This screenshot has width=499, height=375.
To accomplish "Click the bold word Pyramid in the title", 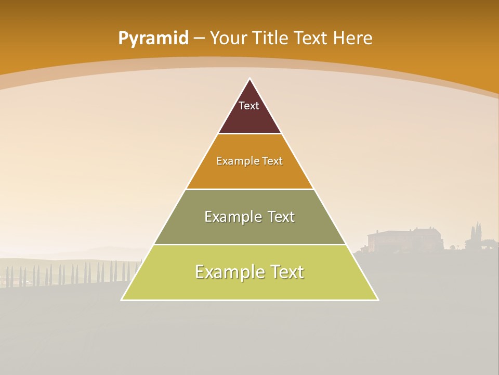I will click(153, 39).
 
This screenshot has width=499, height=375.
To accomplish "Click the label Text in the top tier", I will click(249, 106).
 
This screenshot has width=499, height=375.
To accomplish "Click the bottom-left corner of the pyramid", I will click(122, 299).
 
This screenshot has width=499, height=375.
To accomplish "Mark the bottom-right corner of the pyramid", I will click(378, 299).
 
